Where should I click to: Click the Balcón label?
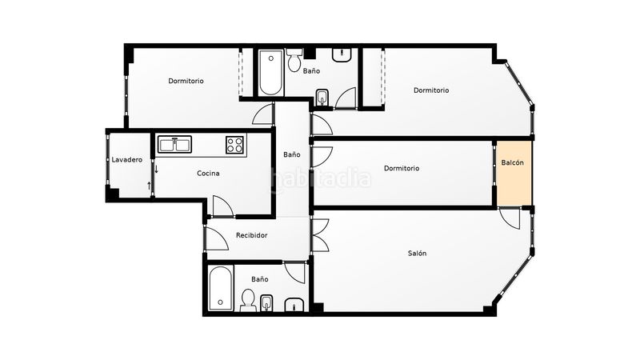pyautogui.click(x=512, y=162)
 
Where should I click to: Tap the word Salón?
pyautogui.click(x=417, y=253)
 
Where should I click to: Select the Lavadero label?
pyautogui.click(x=127, y=159)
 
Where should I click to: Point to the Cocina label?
pyautogui.click(x=208, y=173)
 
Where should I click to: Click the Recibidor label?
pyautogui.click(x=252, y=235)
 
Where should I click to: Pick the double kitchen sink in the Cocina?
pyautogui.click(x=174, y=145)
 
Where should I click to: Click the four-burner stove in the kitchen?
pyautogui.click(x=235, y=145)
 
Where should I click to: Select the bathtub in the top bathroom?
pyautogui.click(x=270, y=73)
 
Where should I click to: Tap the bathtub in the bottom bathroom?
pyautogui.click(x=221, y=288)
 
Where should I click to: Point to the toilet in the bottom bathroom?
pyautogui.click(x=248, y=301)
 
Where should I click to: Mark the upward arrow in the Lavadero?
pyautogui.click(x=149, y=186)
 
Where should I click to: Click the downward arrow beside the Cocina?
pyautogui.click(x=156, y=169)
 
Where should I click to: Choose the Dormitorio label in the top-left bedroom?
pyautogui.click(x=186, y=81)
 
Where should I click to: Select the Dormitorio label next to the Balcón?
pyautogui.click(x=402, y=168)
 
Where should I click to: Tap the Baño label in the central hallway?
pyautogui.click(x=292, y=154)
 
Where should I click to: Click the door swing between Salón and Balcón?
pyautogui.click(x=510, y=218)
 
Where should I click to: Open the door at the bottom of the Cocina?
pyautogui.click(x=223, y=206)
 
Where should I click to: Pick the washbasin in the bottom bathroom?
pyautogui.click(x=294, y=305)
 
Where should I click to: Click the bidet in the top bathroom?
pyautogui.click(x=322, y=97)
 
